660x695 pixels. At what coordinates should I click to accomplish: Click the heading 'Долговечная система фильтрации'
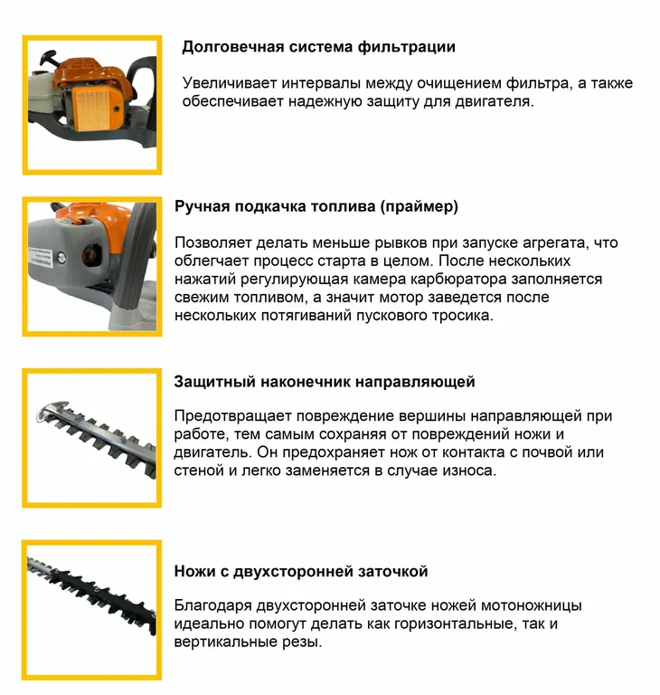[x=318, y=47]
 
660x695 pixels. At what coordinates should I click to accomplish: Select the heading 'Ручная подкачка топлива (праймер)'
[x=316, y=206]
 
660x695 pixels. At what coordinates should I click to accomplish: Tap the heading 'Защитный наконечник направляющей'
[x=325, y=382]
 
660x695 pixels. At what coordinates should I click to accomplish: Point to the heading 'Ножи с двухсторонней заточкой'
[x=301, y=571]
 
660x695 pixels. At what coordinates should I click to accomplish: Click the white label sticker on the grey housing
[x=42, y=257]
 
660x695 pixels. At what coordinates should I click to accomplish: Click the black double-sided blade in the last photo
[x=91, y=592]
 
